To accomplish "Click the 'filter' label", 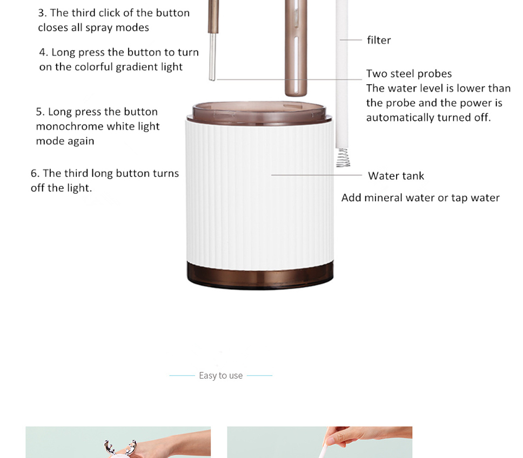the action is click(x=379, y=40).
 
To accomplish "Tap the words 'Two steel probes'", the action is click(x=409, y=73).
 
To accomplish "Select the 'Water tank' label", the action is click(x=396, y=175).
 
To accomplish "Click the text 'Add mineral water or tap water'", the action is click(x=420, y=198).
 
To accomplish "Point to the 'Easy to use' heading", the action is click(x=221, y=375).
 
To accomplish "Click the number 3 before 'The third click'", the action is click(x=42, y=13).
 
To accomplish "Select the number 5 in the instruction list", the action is click(x=39, y=112).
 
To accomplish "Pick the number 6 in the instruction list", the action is click(x=34, y=173).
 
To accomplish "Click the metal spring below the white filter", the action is click(x=343, y=158).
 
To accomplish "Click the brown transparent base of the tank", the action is click(x=260, y=276).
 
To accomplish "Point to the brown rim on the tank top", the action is click(x=259, y=113).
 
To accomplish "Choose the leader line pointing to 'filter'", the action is click(x=351, y=39).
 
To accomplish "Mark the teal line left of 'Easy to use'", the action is click(x=182, y=375).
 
